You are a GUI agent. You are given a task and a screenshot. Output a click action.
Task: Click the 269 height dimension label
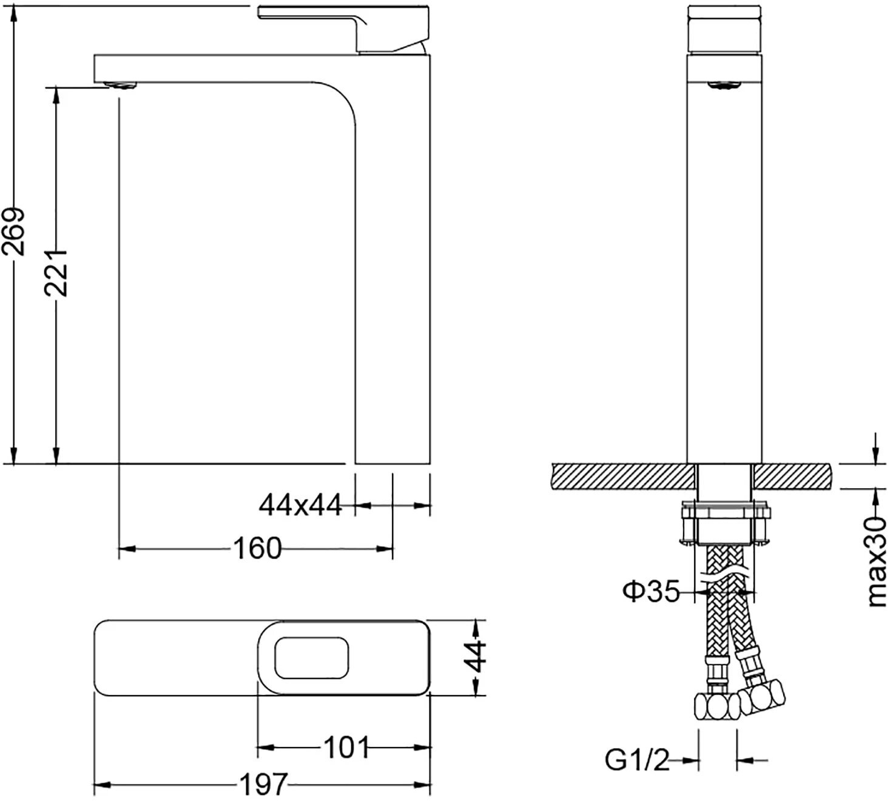[14, 231]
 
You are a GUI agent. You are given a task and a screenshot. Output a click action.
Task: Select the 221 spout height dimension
[55, 272]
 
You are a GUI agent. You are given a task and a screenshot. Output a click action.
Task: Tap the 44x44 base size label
[300, 504]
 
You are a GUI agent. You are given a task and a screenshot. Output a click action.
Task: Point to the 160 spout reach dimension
[257, 549]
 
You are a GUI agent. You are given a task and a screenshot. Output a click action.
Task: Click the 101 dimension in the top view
[346, 747]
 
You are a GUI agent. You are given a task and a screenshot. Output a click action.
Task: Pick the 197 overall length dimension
[263, 785]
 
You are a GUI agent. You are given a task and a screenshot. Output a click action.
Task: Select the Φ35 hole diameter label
[651, 591]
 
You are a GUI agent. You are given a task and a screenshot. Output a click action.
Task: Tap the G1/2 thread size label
[636, 760]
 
